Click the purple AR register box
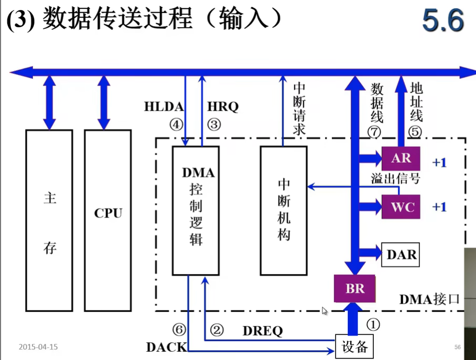(401, 158)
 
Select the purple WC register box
(402, 206)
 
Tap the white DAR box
(401, 255)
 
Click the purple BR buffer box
(354, 288)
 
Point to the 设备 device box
(354, 346)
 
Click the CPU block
(107, 213)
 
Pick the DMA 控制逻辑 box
(196, 210)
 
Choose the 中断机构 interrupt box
(284, 210)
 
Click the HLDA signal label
(164, 107)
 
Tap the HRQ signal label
(223, 107)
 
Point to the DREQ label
(262, 331)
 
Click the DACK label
(166, 346)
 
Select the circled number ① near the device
(373, 325)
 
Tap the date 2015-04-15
(38, 346)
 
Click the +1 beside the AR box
(439, 162)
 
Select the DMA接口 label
(429, 299)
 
